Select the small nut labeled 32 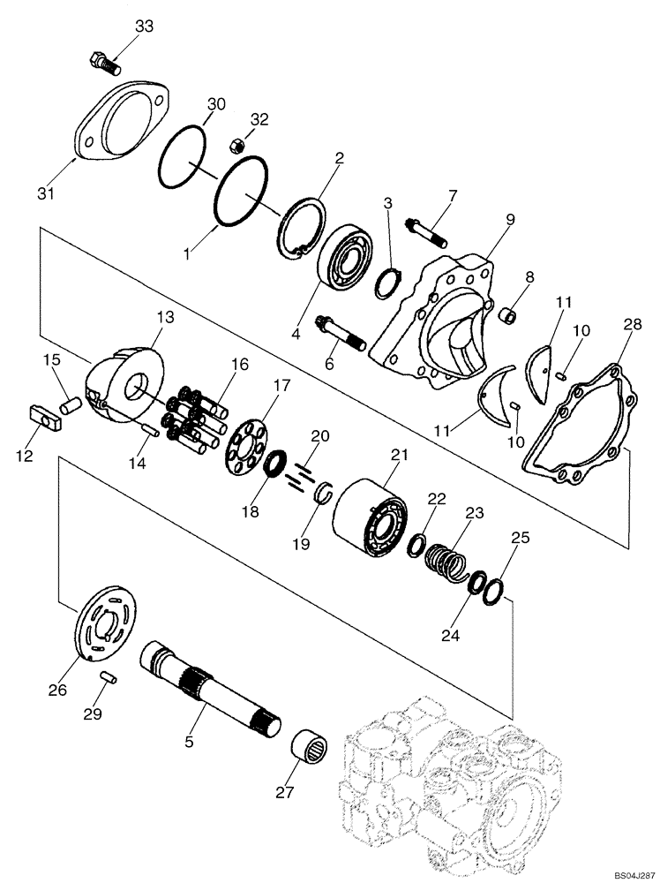[x=236, y=144]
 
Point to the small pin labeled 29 [x=109, y=678]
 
